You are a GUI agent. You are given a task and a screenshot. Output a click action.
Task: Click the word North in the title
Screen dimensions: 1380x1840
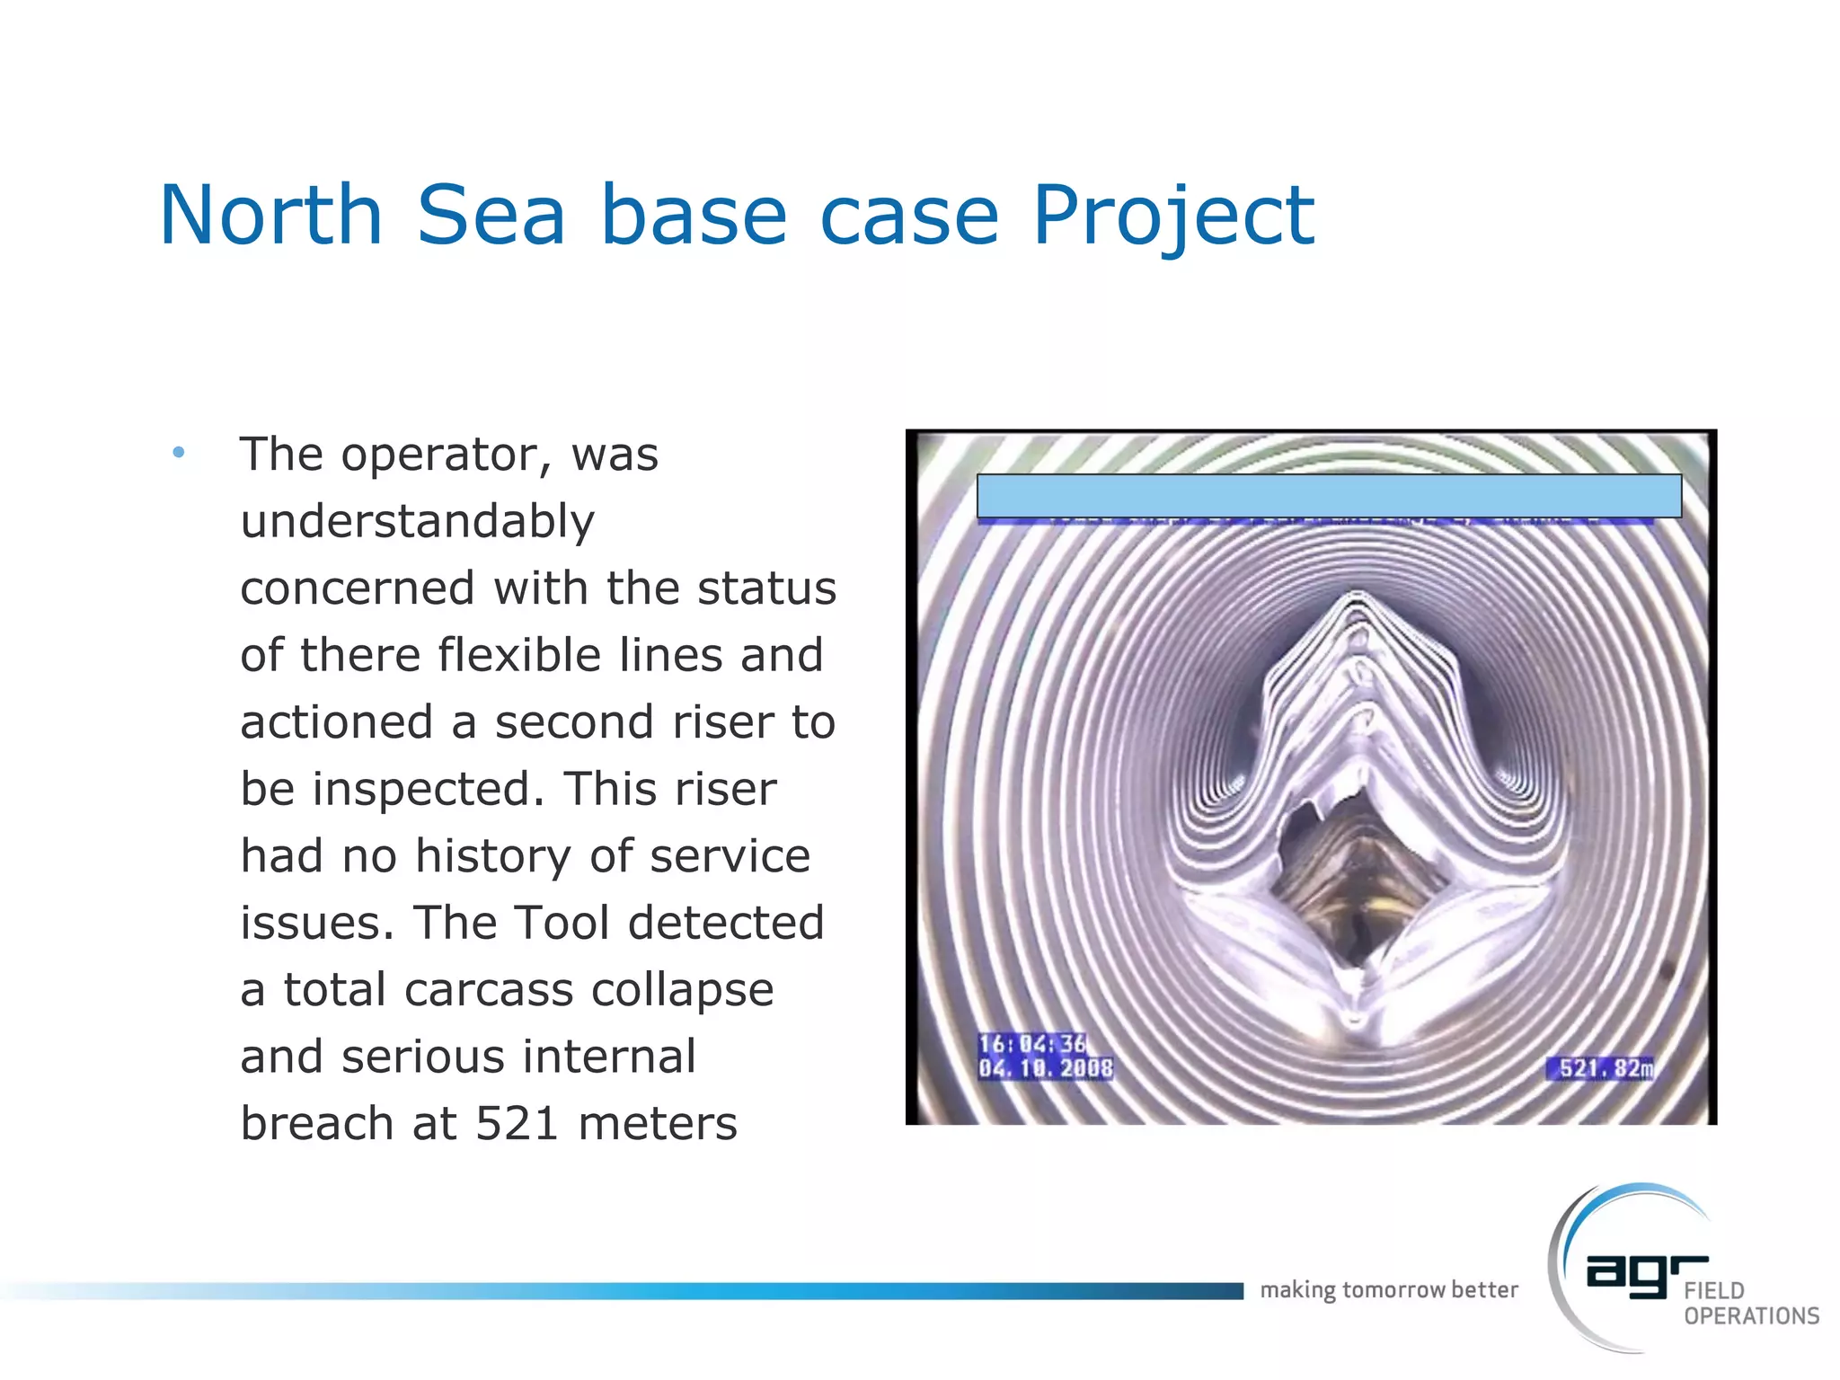coord(271,216)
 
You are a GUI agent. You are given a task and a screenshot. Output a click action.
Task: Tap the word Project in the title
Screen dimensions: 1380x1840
coord(1172,216)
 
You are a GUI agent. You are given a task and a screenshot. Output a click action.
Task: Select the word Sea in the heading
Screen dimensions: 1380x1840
coord(491,216)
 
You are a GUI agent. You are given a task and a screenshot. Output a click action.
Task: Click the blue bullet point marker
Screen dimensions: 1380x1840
coord(179,452)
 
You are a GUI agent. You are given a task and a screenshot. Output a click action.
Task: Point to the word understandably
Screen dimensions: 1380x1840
coord(417,521)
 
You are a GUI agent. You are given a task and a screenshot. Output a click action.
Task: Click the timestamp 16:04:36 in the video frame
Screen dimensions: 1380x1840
coord(1032,1044)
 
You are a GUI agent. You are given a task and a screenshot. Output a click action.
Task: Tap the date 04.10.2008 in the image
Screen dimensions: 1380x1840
coord(1045,1068)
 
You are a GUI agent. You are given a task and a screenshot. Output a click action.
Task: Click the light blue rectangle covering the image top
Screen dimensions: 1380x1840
coord(1328,495)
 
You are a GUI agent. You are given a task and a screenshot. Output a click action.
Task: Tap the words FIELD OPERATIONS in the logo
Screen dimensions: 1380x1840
coord(1749,1304)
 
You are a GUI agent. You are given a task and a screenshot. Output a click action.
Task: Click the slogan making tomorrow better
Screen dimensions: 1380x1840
coord(1388,1290)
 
